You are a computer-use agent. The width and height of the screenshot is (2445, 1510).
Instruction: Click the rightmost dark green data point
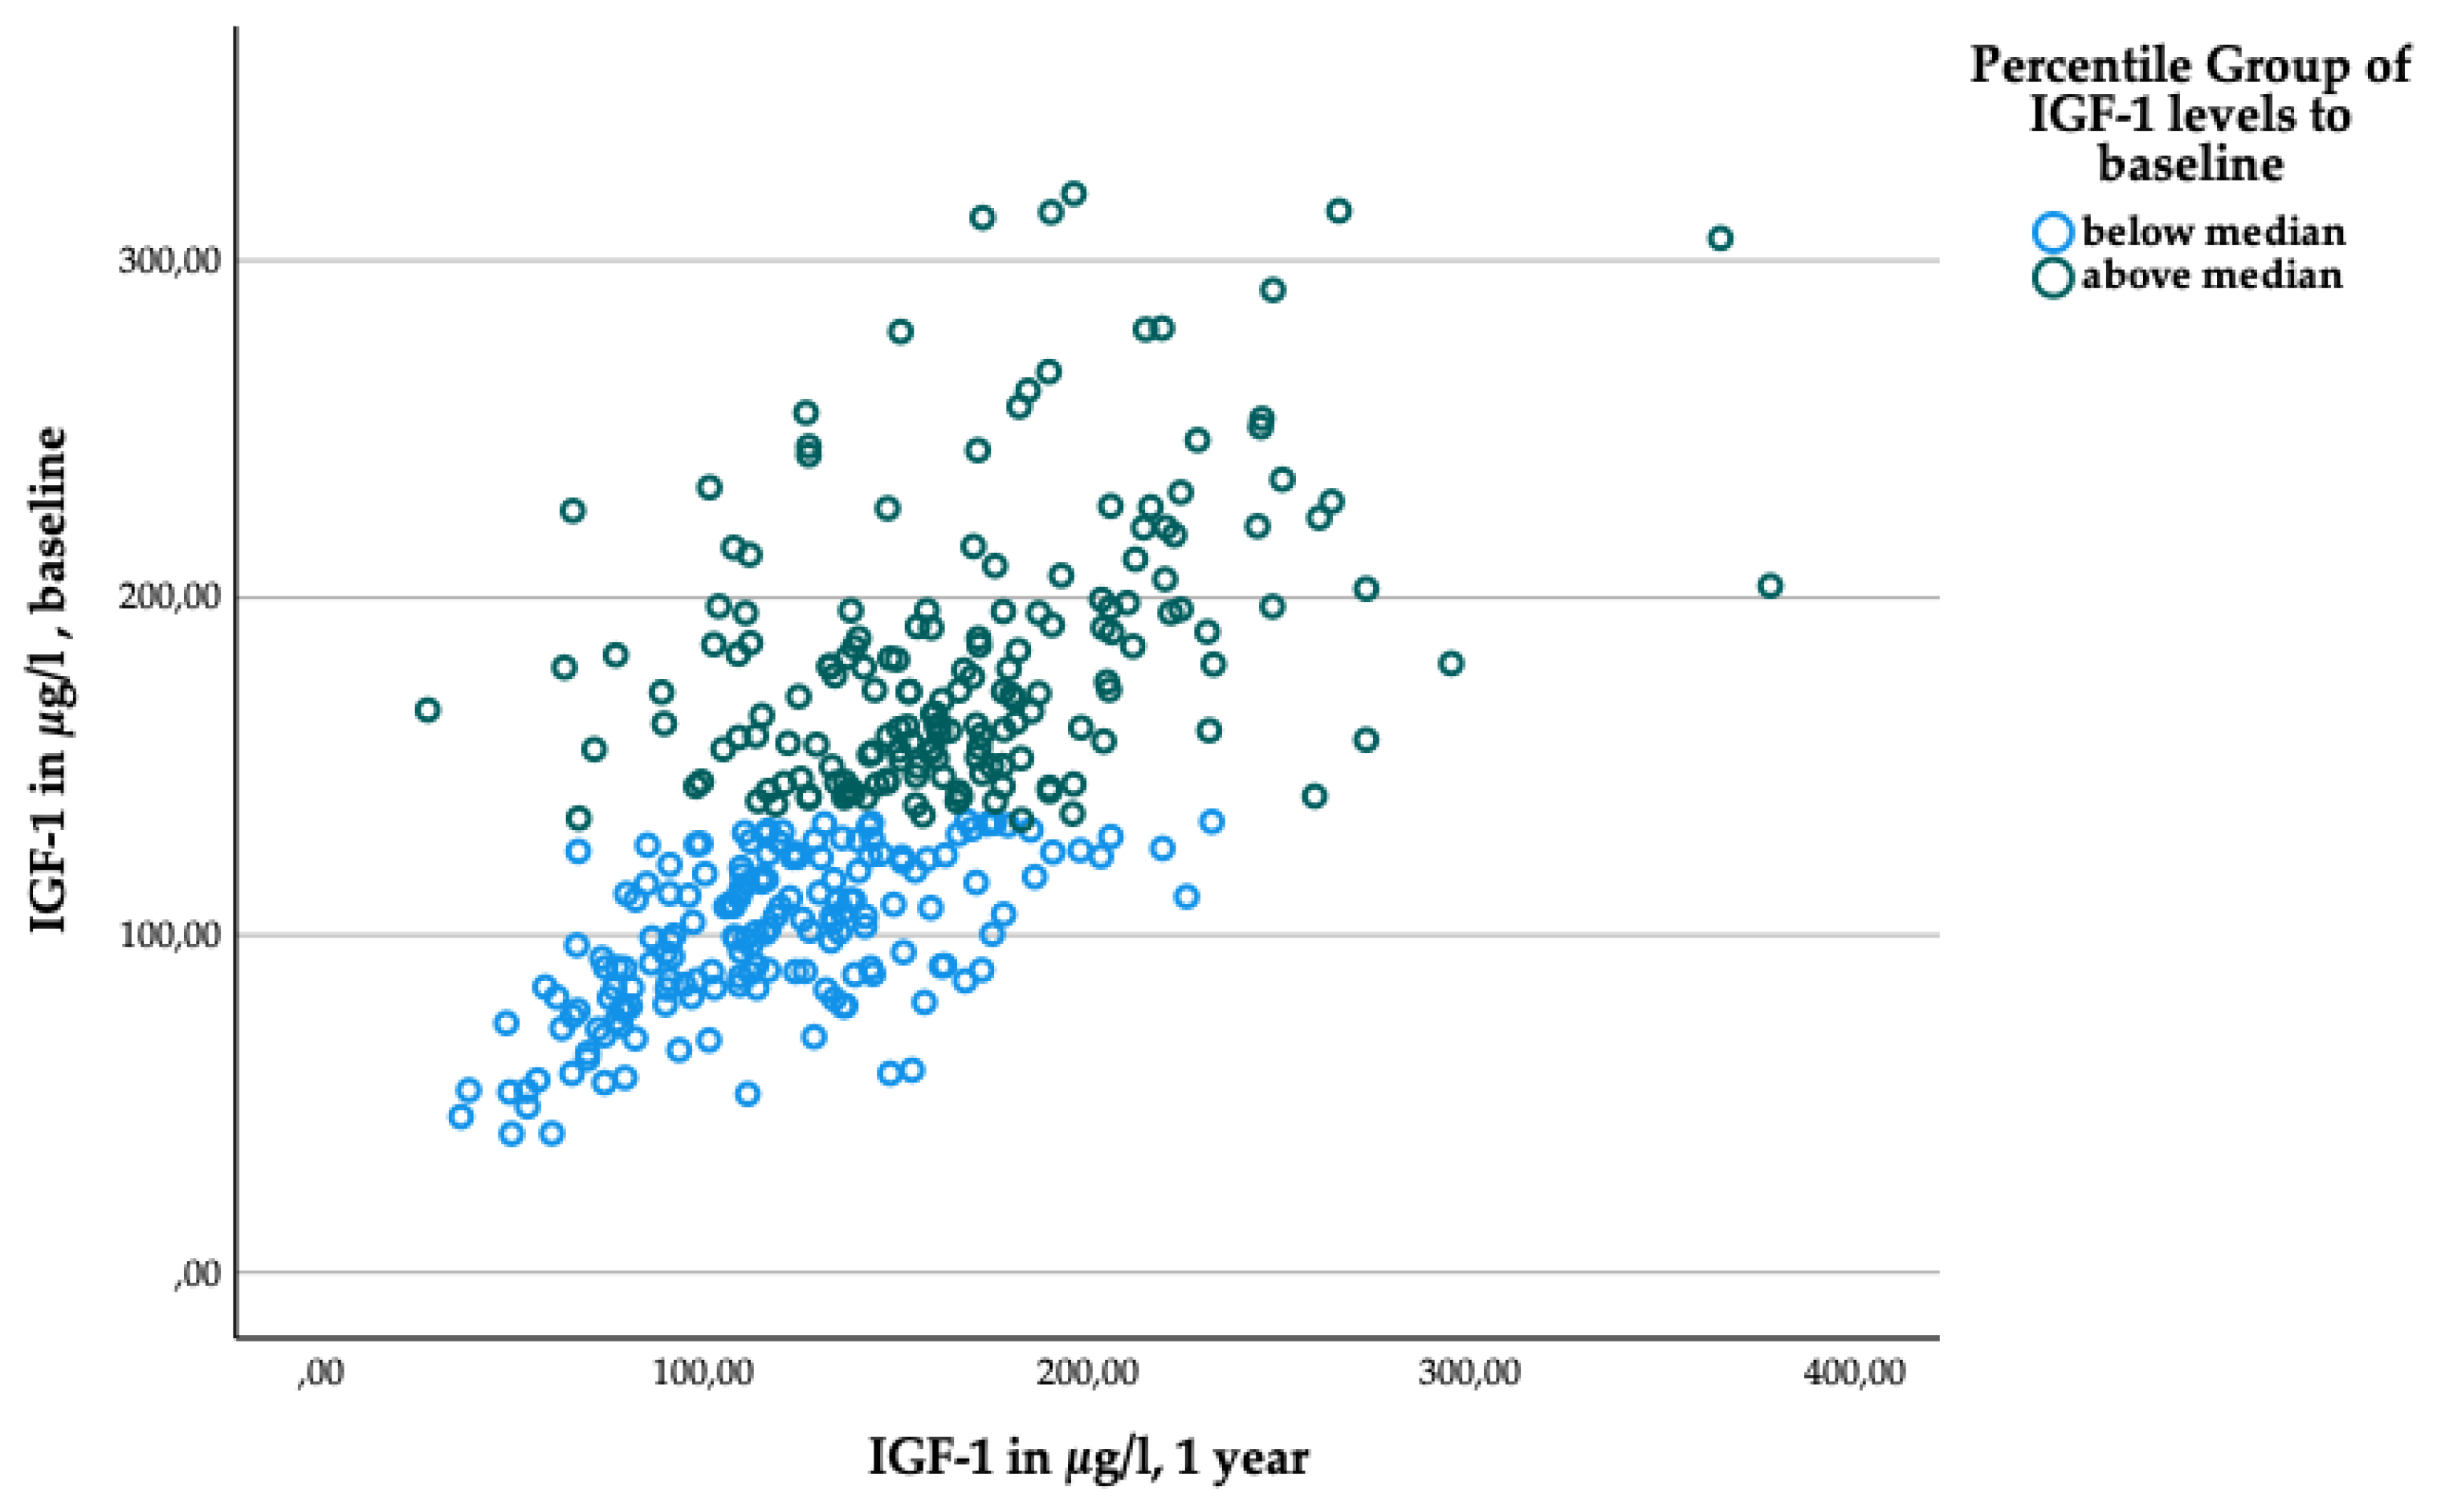pyautogui.click(x=1769, y=585)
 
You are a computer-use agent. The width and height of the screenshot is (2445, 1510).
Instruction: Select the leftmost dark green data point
pyautogui.click(x=427, y=710)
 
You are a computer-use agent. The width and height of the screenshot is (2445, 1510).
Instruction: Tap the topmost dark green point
pyautogui.click(x=1074, y=193)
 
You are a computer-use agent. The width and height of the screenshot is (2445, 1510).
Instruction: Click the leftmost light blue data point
pyautogui.click(x=460, y=1117)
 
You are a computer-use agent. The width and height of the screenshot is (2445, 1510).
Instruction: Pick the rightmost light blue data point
pyautogui.click(x=1212, y=822)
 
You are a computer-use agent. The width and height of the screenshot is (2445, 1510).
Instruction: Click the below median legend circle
pyautogui.click(x=2052, y=232)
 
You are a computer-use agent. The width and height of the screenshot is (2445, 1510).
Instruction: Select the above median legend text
pyautogui.click(x=2211, y=275)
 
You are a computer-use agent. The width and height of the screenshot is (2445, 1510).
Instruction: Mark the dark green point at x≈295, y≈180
pyautogui.click(x=1450, y=663)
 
